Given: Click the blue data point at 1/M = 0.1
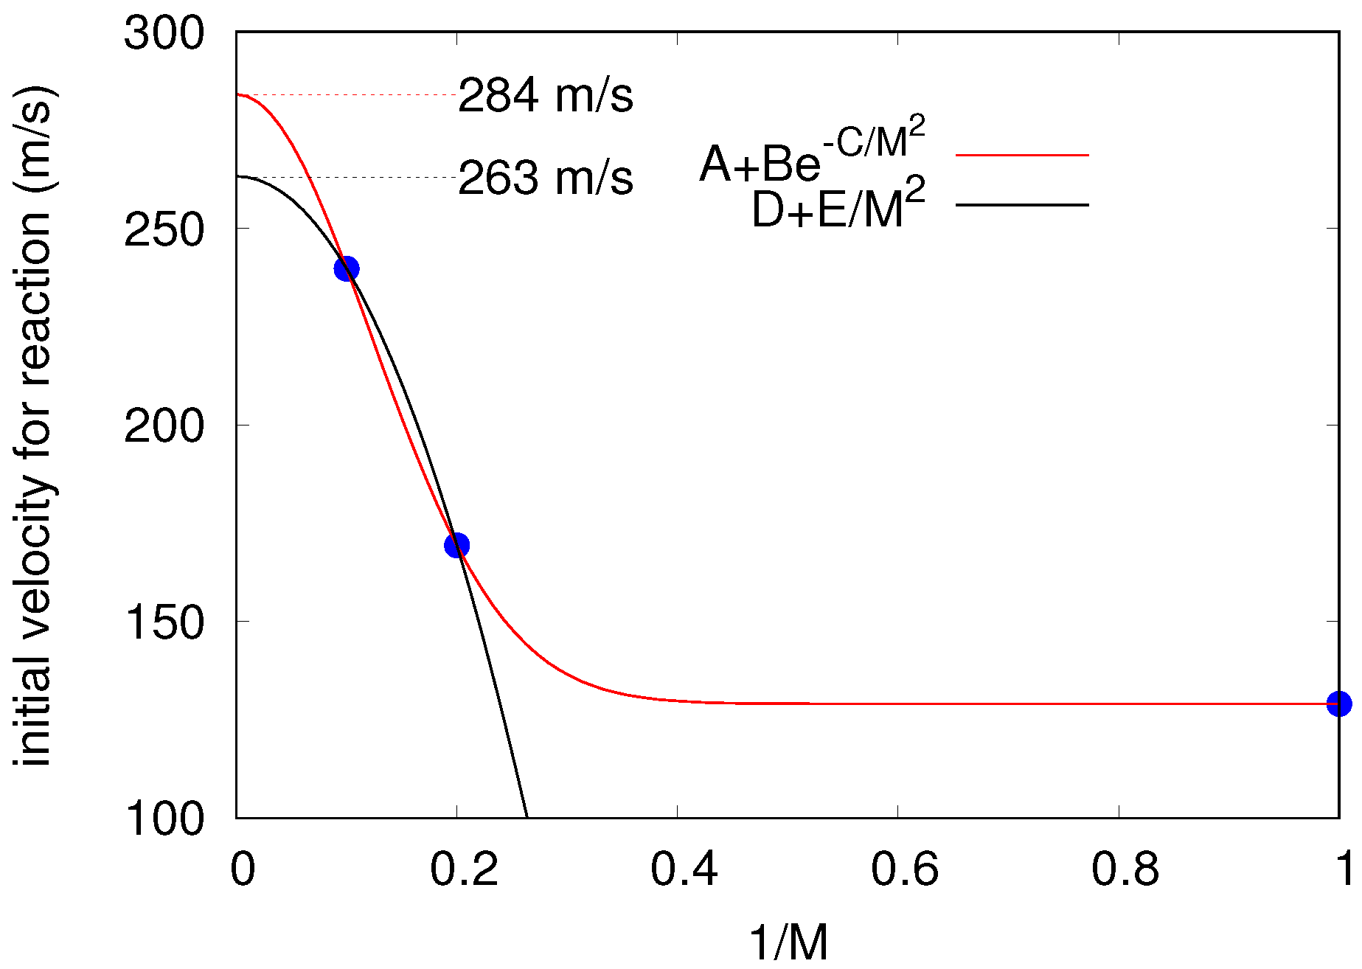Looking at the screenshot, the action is pos(347,268).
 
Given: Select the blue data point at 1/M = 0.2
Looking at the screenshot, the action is pos(457,546).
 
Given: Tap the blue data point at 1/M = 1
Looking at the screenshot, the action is pos(1339,704).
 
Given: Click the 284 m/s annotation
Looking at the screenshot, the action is pos(546,96).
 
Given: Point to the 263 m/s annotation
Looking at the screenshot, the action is pos(546,178).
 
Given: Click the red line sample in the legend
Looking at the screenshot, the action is pos(1022,155).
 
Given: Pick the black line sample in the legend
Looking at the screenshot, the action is pos(1022,204).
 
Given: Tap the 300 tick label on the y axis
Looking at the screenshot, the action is pos(164,33).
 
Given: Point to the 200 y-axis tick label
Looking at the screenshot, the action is pos(164,426).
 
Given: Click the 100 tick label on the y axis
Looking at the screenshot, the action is pos(164,818).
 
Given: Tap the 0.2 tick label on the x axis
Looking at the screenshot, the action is pos(464,869).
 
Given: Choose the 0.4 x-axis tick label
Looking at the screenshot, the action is pos(684,869).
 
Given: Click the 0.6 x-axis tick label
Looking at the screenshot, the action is pos(904,869).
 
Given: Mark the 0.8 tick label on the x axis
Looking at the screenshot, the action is pos(1125,869).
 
